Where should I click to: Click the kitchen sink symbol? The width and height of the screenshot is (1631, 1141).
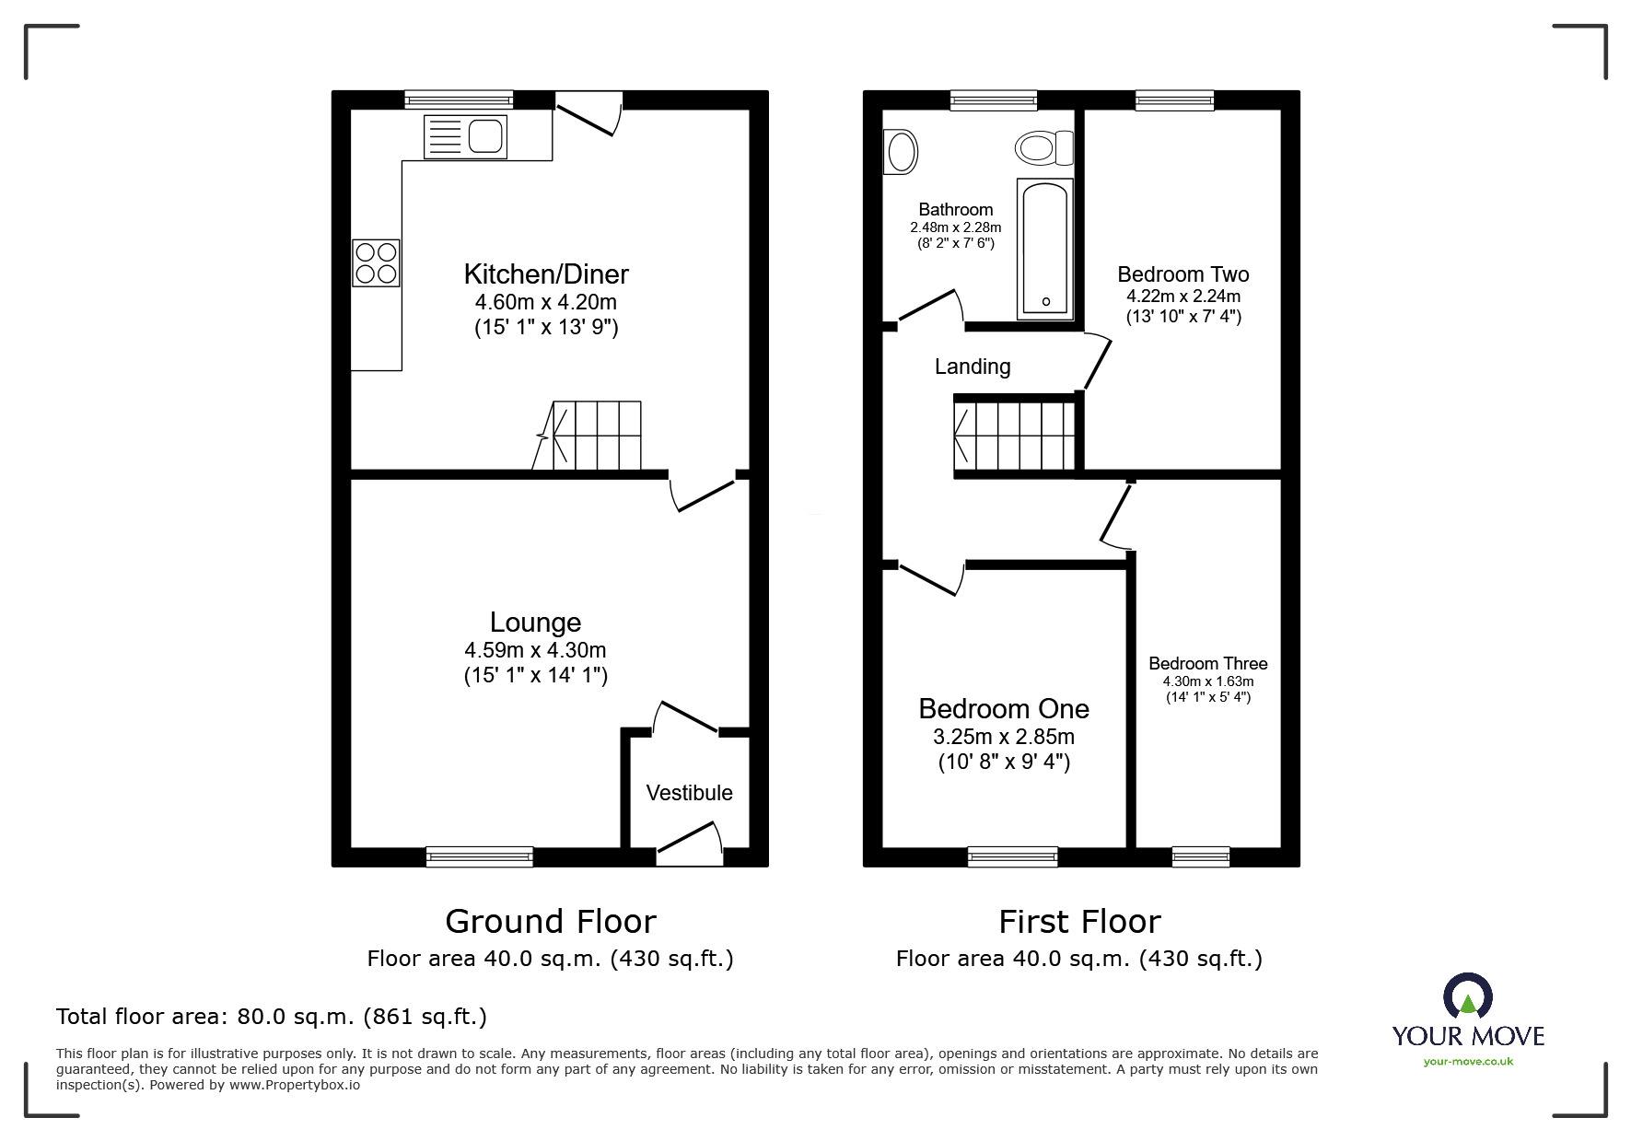pos(465,136)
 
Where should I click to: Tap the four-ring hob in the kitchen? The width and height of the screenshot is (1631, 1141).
pos(376,262)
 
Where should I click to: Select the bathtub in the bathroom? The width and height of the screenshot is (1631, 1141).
pos(1045,247)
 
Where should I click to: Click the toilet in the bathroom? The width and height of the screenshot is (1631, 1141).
pos(1044,147)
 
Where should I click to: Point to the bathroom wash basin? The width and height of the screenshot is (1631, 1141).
pos(901,152)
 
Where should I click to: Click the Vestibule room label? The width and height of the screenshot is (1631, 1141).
pos(689,793)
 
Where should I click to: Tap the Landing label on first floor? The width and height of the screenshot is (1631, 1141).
pos(973,367)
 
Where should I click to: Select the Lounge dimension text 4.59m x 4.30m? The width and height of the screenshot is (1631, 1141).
pos(535,650)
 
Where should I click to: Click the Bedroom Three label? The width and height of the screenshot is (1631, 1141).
pos(1207,663)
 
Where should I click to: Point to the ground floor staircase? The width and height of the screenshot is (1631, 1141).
pos(589,436)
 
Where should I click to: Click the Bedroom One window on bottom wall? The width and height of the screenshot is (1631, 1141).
pos(1012,856)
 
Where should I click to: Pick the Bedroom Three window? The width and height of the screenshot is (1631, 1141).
pos(1200,856)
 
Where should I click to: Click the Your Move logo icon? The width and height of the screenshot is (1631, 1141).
pos(1467,997)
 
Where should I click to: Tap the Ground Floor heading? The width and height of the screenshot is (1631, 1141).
pos(551,922)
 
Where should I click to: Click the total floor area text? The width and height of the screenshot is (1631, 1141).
pos(272,1017)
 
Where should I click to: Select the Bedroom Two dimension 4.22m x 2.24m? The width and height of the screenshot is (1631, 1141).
pos(1183,297)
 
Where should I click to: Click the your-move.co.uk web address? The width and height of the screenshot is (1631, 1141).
pos(1468,1062)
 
